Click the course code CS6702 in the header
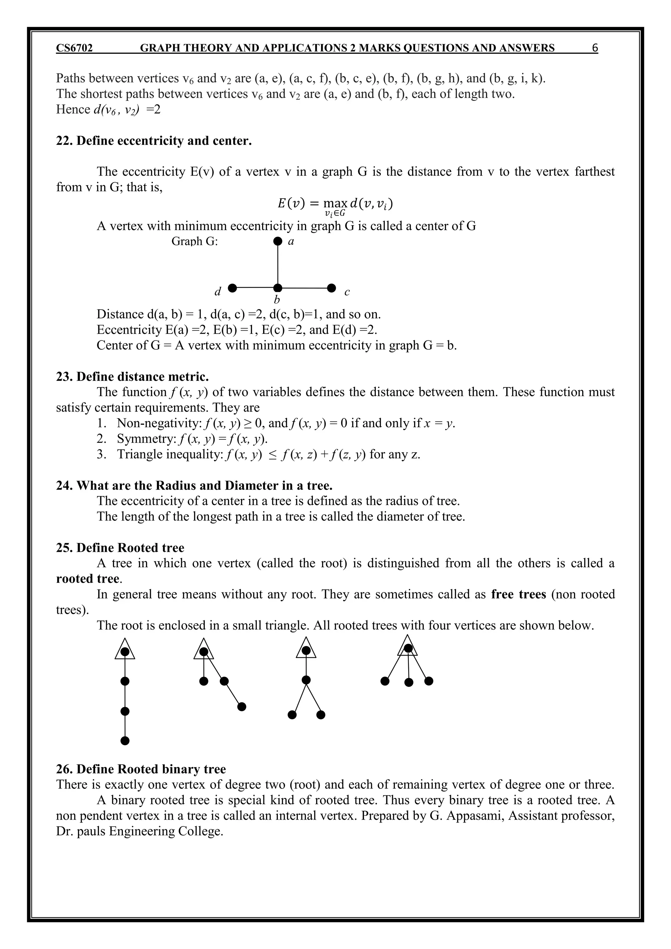tap(74, 48)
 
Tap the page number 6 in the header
tap(595, 48)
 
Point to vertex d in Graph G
tap(232, 288)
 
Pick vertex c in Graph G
tap(331, 288)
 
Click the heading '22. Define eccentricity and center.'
tap(154, 141)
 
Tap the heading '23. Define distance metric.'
tap(132, 377)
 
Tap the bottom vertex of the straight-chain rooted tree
tap(125, 741)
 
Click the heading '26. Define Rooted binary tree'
tap(141, 769)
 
